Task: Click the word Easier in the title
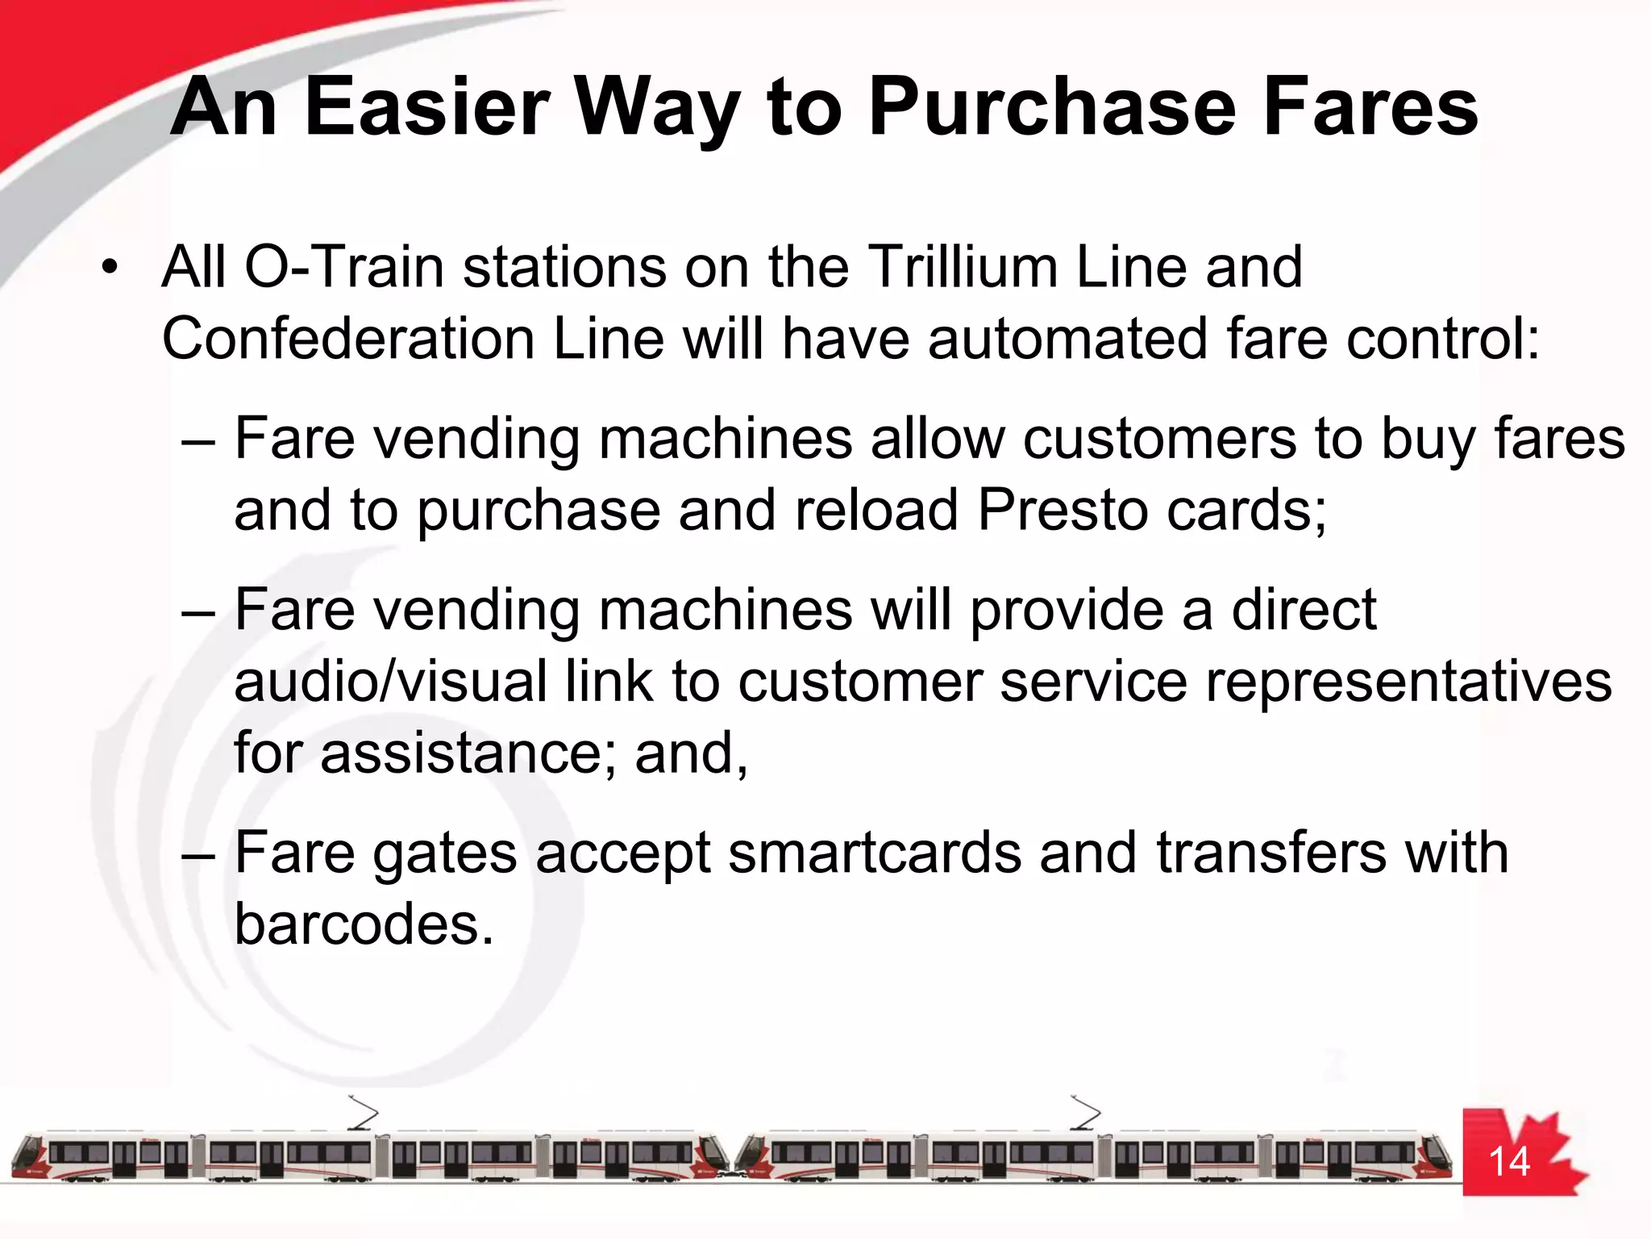(x=427, y=106)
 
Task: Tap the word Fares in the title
(x=1370, y=106)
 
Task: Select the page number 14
(x=1508, y=1162)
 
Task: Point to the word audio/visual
(x=390, y=681)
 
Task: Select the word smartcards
(x=874, y=853)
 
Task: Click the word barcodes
(x=363, y=924)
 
